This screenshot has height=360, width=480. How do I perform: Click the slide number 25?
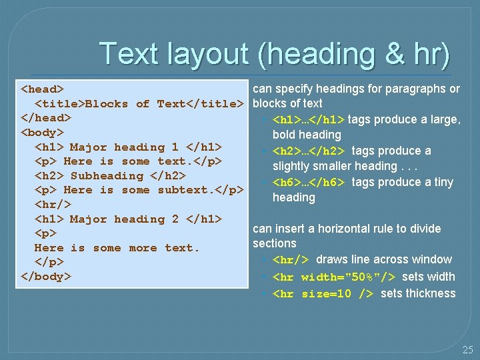pos(467,349)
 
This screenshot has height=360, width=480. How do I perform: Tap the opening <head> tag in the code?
pos(43,89)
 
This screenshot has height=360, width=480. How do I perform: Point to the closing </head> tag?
pos(46,117)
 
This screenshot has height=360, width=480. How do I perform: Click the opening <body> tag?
pos(43,132)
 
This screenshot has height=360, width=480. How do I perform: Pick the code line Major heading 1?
pos(128,147)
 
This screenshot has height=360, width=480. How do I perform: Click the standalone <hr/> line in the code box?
pos(53,205)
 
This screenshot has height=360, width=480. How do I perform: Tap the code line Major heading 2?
pos(128,219)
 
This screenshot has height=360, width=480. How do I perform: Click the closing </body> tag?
pos(46,276)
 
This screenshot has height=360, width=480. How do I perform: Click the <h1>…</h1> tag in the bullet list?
pos(309,120)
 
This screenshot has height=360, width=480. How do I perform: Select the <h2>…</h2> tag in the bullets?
pos(309,151)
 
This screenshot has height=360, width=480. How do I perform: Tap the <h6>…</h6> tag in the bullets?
pos(309,183)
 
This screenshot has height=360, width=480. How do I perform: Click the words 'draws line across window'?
pos(384,259)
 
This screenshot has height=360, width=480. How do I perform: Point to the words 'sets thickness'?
pos(418,293)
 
